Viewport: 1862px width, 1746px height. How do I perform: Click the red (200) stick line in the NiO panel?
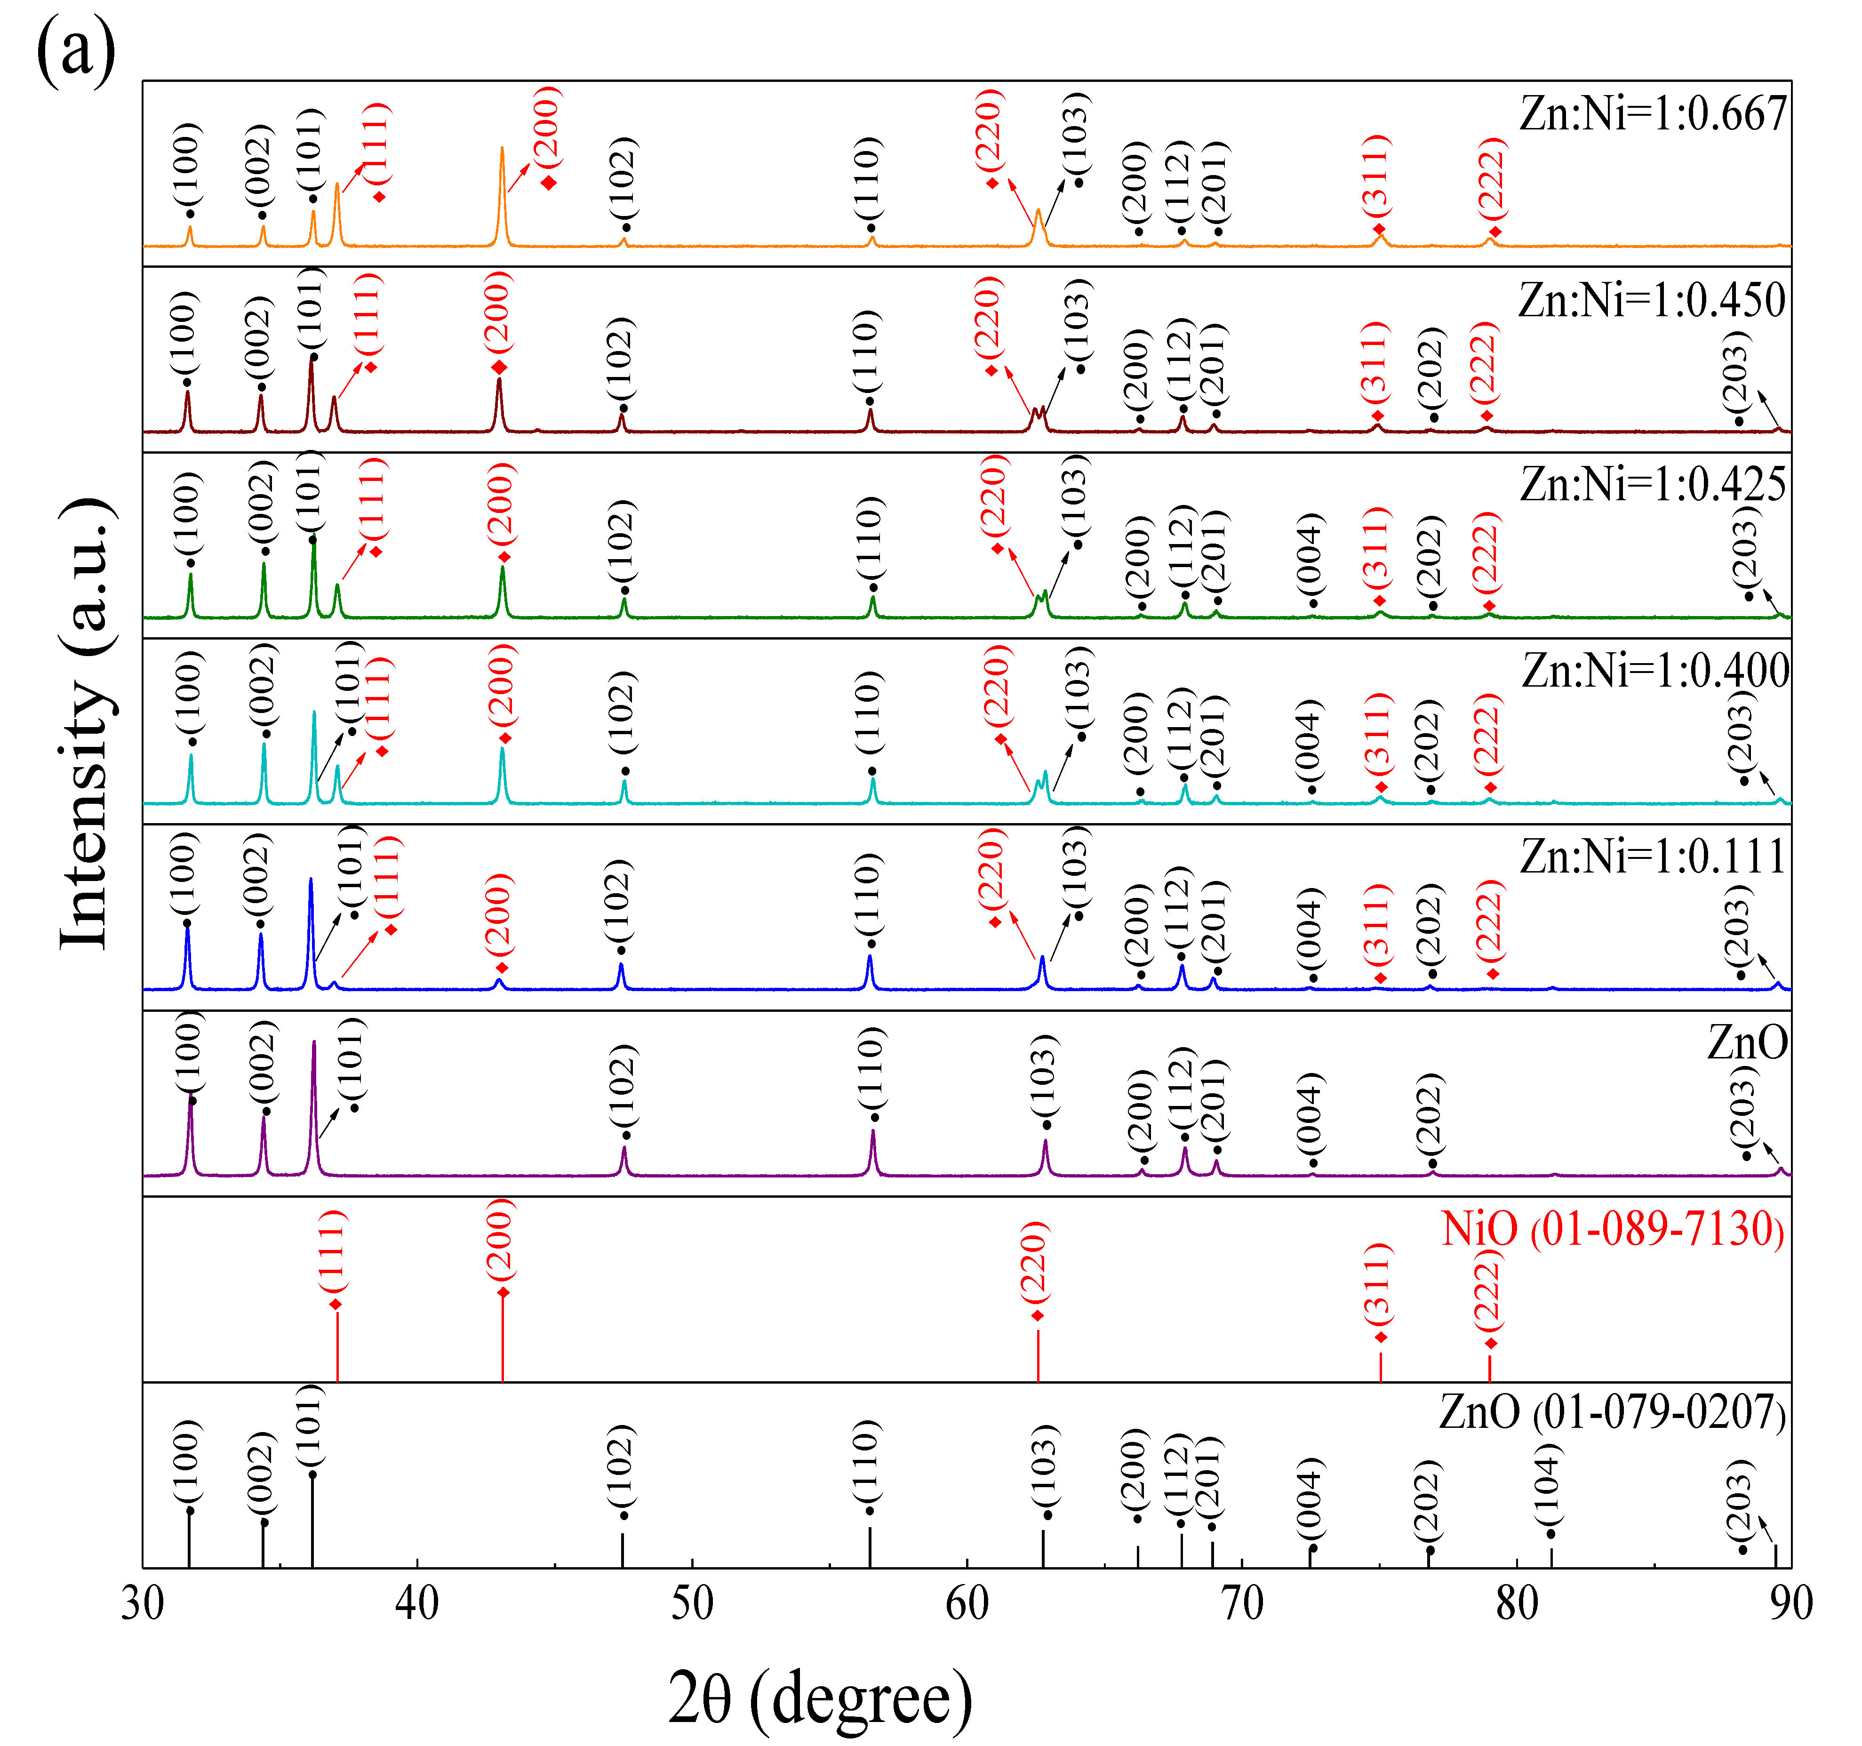pyautogui.click(x=503, y=1339)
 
